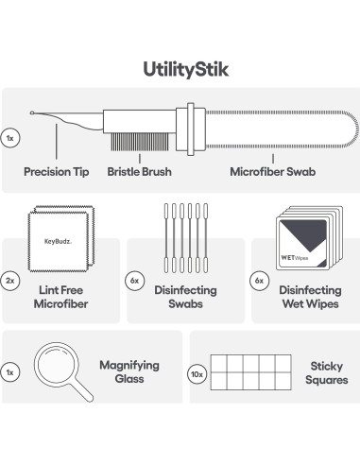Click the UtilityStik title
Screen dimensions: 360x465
coord(186,70)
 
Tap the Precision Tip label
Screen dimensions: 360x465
coord(57,172)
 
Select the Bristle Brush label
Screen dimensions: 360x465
coord(139,172)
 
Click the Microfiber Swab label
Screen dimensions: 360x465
coord(273,172)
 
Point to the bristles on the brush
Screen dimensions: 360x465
coord(140,142)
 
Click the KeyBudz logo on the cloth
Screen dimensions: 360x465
coord(58,242)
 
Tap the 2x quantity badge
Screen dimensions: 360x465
coord(10,281)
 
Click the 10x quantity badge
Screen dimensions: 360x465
coord(197,374)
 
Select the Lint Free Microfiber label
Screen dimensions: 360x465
coord(60,297)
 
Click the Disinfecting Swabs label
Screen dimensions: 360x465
coord(185,297)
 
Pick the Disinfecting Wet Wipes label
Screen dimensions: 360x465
coord(310,297)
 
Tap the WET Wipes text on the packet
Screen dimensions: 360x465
coord(295,258)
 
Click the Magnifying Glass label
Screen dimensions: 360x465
coord(129,371)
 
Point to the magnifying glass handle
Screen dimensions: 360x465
coord(81,390)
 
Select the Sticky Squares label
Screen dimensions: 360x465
coord(327,373)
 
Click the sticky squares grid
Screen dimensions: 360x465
coord(250,372)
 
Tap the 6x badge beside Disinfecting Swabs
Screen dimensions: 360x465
coord(135,281)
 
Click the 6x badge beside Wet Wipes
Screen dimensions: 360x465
coord(259,281)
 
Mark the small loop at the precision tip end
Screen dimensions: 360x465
coord(32,112)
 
